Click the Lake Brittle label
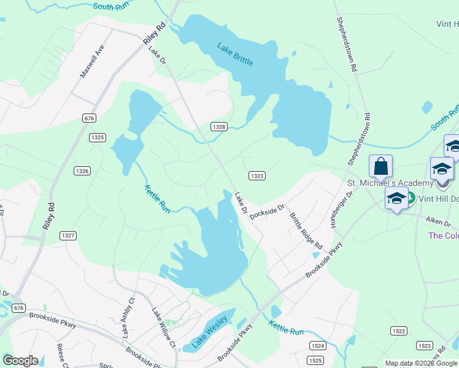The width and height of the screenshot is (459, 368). point(235,54)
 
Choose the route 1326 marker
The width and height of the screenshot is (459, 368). point(82,170)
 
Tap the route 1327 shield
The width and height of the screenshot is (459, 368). point(68,235)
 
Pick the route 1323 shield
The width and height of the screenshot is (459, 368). point(257,176)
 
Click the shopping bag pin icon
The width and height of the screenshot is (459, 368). point(380,166)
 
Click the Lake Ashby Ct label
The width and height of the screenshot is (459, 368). point(128,318)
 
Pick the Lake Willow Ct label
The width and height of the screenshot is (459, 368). point(164,328)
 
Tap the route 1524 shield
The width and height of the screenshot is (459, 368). point(317,346)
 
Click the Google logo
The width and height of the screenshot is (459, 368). point(20,361)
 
